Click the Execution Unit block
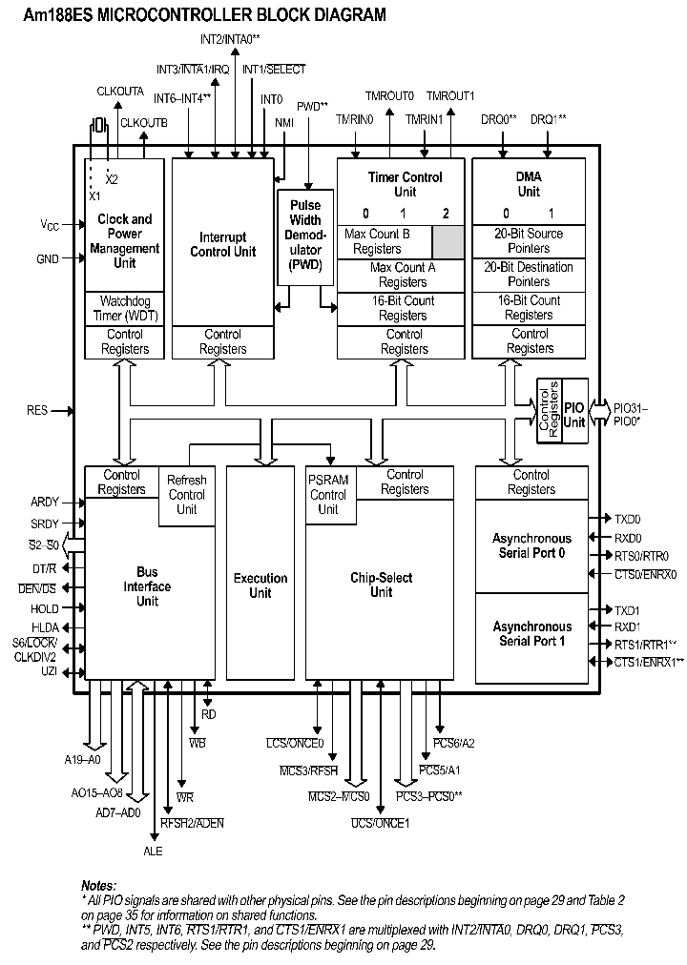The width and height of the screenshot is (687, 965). tap(260, 585)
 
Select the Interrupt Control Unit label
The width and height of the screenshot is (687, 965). tap(222, 244)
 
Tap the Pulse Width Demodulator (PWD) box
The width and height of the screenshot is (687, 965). tap(305, 236)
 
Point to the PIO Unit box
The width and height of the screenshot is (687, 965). tap(573, 409)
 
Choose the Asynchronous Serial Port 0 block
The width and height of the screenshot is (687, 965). tap(531, 545)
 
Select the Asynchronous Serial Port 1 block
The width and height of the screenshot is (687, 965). tap(531, 634)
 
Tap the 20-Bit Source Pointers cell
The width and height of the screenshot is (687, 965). tap(529, 240)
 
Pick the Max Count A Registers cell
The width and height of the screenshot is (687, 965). tap(403, 275)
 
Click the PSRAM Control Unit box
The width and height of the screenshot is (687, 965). tap(328, 495)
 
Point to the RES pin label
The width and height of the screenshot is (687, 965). tap(37, 411)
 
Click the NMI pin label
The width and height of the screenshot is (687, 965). tap(284, 123)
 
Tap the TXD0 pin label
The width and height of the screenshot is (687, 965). tap(627, 519)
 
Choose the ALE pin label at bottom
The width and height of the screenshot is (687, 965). tap(153, 851)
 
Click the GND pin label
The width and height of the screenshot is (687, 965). tap(48, 258)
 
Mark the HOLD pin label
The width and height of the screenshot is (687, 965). tap(44, 608)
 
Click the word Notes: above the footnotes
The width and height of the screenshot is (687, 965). tap(98, 886)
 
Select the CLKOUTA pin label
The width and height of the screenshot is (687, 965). tap(120, 91)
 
